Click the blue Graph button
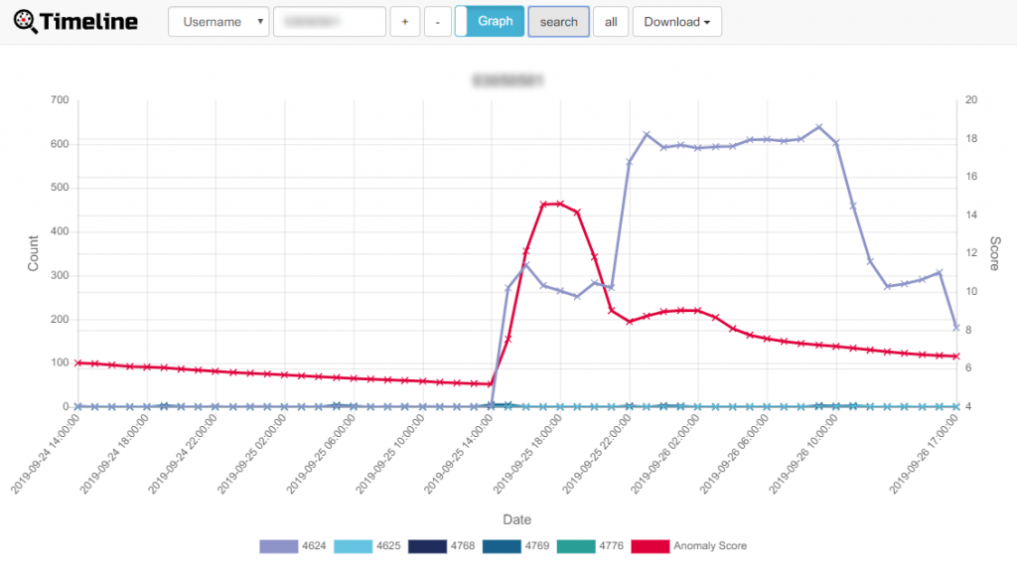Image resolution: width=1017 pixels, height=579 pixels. click(495, 21)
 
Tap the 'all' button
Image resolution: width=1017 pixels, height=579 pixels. click(611, 22)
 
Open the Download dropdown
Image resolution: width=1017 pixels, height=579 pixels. click(676, 22)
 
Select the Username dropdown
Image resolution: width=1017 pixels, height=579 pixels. click(218, 22)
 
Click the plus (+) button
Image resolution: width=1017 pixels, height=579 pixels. click(404, 22)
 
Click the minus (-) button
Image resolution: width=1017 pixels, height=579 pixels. click(437, 22)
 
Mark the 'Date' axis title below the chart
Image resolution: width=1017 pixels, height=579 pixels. click(516, 519)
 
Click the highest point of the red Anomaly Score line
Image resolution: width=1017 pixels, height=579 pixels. click(560, 204)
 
